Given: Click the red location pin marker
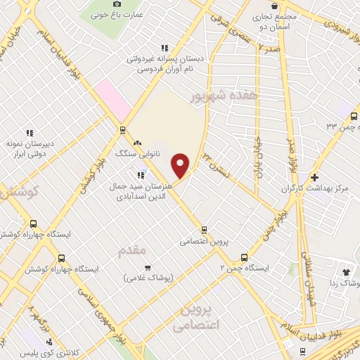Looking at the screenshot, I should coord(181,165).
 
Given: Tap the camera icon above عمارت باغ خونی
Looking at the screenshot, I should coord(117,4).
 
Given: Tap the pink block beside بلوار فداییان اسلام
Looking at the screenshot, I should coord(113,98).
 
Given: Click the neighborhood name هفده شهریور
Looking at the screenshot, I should coord(228,94).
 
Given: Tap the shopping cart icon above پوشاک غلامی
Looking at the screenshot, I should coord(148,268).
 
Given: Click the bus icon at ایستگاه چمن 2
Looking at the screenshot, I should coord(244,257).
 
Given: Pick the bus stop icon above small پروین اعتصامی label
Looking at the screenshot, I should coord(204,229).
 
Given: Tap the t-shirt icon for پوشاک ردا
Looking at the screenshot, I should coord(345,271).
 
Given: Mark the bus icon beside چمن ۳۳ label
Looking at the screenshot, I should coord(352,116).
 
